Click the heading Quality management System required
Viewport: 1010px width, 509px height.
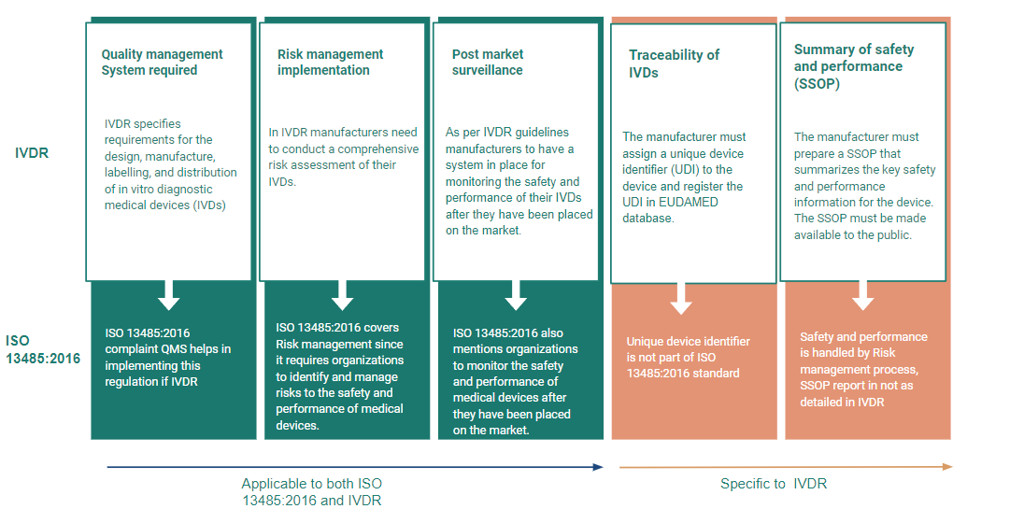pos(162,63)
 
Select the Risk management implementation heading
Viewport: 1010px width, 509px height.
pos(330,63)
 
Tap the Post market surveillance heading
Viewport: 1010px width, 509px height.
pos(488,63)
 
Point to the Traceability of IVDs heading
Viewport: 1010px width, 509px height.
pos(673,64)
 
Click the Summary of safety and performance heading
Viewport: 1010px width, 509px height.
pos(853,66)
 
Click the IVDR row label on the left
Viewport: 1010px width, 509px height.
pos(32,151)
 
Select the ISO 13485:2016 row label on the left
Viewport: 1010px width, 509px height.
pos(42,349)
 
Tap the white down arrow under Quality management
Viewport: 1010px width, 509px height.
pos(168,295)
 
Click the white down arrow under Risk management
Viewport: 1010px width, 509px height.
pos(342,295)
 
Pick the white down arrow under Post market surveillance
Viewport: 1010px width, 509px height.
pos(516,295)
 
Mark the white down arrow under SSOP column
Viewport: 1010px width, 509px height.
pos(863,295)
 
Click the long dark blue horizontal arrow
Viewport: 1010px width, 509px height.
pos(355,466)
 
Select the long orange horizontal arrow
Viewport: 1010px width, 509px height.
pos(785,466)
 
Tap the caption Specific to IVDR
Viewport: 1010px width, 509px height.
pos(774,484)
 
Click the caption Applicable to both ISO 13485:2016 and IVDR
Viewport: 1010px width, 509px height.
pos(311,491)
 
